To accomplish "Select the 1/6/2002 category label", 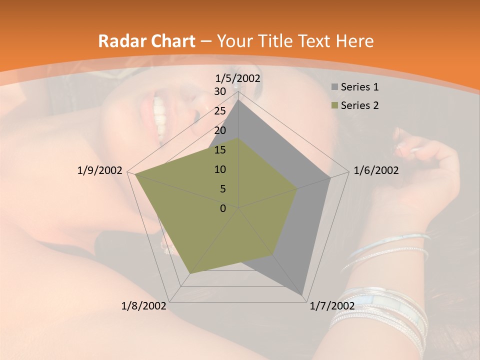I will (x=376, y=170).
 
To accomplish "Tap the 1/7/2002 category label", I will (x=332, y=305).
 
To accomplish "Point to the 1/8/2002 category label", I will (x=144, y=305).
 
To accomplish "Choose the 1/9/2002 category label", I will (x=100, y=170).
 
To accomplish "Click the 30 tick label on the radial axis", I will (x=220, y=91).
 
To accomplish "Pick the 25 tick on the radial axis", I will (x=220, y=111).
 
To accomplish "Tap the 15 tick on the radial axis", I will (x=220, y=150).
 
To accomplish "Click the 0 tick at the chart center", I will (x=223, y=208).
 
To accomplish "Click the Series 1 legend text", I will (x=359, y=87).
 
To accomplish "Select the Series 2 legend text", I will (x=359, y=105).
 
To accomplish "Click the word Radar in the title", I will (x=120, y=41).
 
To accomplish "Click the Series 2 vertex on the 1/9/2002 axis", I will (x=135, y=174).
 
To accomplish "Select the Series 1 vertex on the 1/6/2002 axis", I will (x=330, y=177).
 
